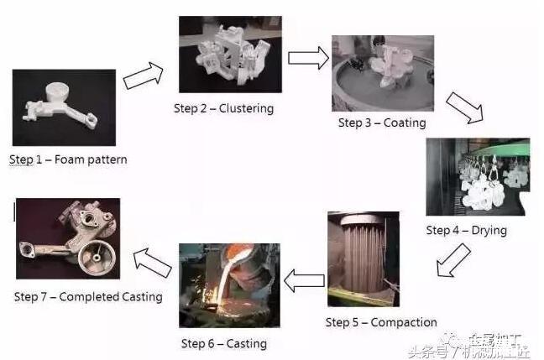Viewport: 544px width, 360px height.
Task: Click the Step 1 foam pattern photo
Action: pos(63,107)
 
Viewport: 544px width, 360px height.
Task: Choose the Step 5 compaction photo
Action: pos(363,259)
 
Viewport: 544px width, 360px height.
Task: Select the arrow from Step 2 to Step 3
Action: pos(308,58)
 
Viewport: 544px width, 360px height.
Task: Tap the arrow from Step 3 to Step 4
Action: pos(463,108)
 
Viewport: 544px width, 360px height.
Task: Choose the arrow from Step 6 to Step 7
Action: pos(154,261)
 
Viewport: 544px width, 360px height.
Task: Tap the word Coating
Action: pos(405,123)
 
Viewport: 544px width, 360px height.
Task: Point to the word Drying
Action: pos(488,231)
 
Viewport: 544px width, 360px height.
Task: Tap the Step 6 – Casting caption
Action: pos(223,343)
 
